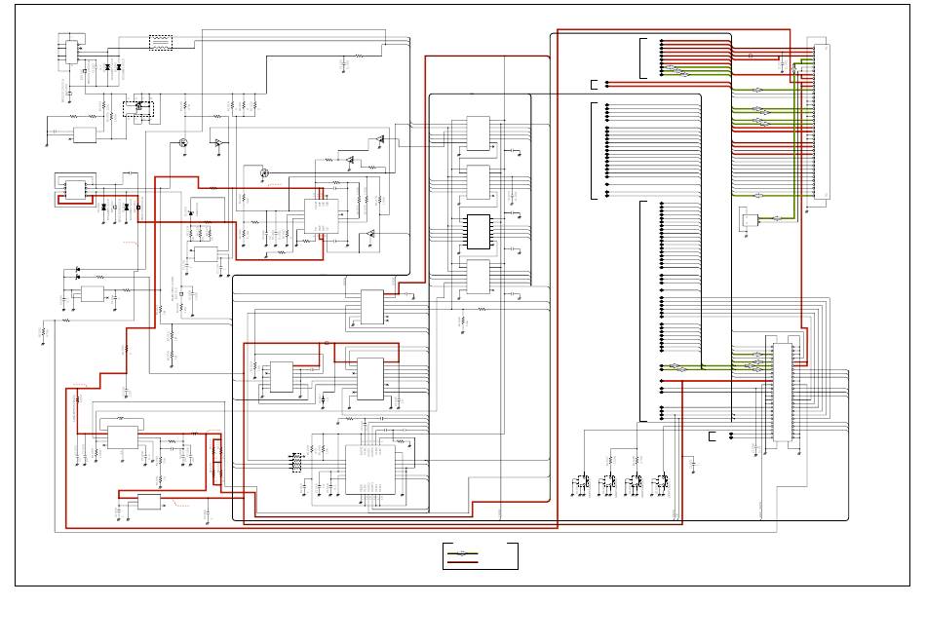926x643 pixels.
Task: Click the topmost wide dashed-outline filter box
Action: pos(160,42)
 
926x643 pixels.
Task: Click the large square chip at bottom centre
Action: pos(369,470)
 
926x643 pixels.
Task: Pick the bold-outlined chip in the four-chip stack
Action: pos(478,231)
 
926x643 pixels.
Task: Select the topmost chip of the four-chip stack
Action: pos(478,133)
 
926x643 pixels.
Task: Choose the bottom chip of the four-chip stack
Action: pos(478,277)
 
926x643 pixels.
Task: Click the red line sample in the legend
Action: pos(463,562)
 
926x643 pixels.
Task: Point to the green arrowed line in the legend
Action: pos(463,552)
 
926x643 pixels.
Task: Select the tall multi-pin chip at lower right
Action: pos(782,392)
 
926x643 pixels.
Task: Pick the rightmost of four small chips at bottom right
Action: pos(662,481)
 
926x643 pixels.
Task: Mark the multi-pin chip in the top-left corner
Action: pos(69,50)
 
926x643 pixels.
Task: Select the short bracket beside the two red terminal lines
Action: pos(594,84)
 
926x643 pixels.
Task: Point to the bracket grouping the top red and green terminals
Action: pos(642,57)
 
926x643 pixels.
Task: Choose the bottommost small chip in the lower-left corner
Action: pos(149,502)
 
